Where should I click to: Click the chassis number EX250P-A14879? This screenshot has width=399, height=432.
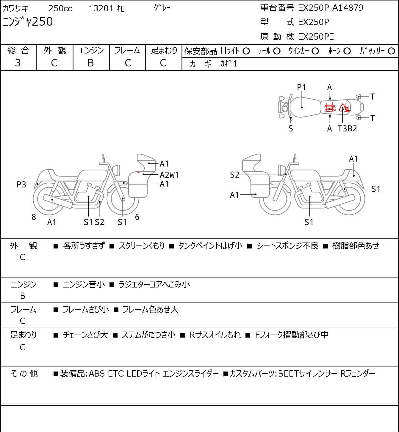click(x=331, y=8)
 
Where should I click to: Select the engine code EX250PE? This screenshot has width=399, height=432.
click(x=316, y=37)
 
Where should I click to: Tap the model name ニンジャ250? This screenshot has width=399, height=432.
click(x=28, y=22)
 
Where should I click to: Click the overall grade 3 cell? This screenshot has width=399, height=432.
click(x=18, y=63)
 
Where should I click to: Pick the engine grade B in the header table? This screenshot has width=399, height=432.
click(x=91, y=63)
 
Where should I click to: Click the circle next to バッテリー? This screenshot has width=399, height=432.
click(x=392, y=51)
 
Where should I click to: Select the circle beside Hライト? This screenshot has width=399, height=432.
click(x=246, y=51)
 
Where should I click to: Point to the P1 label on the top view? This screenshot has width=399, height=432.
click(x=301, y=87)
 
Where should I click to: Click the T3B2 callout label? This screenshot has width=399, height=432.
click(x=347, y=129)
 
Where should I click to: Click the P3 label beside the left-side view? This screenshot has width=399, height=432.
click(x=21, y=185)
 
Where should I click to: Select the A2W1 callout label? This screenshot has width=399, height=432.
click(x=169, y=175)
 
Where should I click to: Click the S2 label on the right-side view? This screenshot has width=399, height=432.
click(x=234, y=175)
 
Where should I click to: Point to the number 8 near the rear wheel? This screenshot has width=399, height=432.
click(x=34, y=217)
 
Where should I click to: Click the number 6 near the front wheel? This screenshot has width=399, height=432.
click(x=137, y=217)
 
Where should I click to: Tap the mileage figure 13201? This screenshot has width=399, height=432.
click(x=101, y=9)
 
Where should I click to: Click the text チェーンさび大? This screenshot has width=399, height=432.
click(x=85, y=335)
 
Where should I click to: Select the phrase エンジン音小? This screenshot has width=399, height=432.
click(x=84, y=285)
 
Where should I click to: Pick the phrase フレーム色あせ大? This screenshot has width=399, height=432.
click(x=150, y=310)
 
